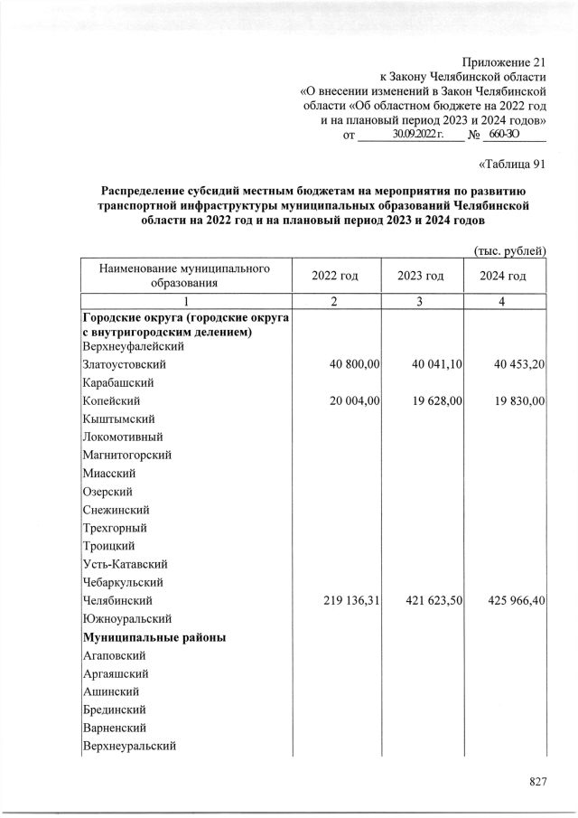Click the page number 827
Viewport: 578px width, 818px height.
538,782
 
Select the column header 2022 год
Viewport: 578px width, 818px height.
334,276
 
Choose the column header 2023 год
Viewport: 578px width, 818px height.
421,276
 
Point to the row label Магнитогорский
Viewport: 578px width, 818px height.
126,455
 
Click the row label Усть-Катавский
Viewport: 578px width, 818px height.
123,564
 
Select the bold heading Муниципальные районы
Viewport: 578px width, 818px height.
154,637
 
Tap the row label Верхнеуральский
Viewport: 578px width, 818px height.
129,746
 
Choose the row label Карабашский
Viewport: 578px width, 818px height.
117,382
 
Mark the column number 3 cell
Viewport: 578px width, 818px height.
421,302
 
